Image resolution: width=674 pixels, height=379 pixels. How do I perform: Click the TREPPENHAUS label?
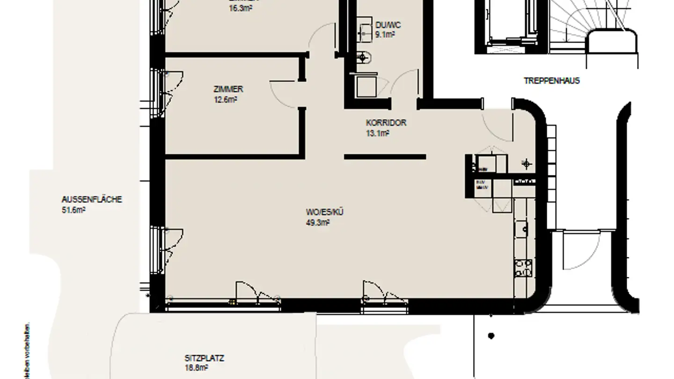point(551,80)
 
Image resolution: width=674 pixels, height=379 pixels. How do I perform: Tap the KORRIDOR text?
point(386,123)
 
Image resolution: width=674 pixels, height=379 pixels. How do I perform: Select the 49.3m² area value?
point(318,223)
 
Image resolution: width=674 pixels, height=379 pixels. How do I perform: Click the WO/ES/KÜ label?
point(322,212)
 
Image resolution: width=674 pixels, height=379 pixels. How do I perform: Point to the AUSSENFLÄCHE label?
point(85,199)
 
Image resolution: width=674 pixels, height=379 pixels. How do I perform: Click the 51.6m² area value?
point(73,210)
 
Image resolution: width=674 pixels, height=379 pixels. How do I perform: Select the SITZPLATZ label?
point(204,359)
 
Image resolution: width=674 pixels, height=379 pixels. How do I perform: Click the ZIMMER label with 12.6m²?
point(228,89)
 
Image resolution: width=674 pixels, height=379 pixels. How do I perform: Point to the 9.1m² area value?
point(385,34)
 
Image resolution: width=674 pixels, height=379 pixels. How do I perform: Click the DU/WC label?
point(388,25)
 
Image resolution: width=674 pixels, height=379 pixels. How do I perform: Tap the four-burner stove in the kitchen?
point(523,268)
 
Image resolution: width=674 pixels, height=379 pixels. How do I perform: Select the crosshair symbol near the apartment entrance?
point(527,163)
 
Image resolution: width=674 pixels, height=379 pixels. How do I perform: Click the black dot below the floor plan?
point(491,335)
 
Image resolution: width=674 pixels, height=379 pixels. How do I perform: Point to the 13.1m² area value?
point(378,133)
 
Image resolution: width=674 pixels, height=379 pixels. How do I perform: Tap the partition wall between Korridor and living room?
point(385,157)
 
